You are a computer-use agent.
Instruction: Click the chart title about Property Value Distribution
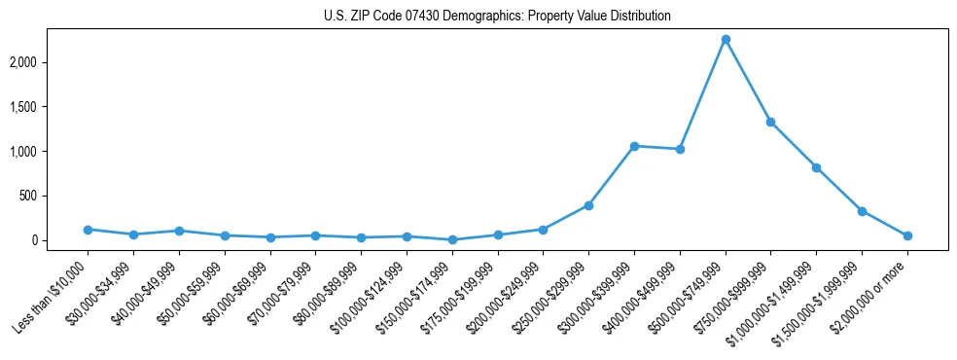point(497,17)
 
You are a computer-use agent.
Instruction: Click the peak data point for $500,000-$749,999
point(726,39)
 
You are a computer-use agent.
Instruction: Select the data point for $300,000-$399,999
point(634,146)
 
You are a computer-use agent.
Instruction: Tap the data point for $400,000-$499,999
point(680,149)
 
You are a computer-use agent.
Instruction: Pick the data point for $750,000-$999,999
point(770,122)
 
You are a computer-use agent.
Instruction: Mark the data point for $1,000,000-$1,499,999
point(816,167)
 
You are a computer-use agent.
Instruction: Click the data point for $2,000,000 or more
point(907,235)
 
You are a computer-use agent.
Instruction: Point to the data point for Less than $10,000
point(88,230)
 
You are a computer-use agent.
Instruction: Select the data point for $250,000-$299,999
point(588,205)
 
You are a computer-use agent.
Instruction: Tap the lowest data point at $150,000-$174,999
point(452,239)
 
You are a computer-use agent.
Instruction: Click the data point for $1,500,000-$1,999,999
point(862,211)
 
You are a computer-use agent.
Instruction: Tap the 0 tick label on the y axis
point(58,240)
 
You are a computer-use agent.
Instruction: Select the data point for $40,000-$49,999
point(179,231)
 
